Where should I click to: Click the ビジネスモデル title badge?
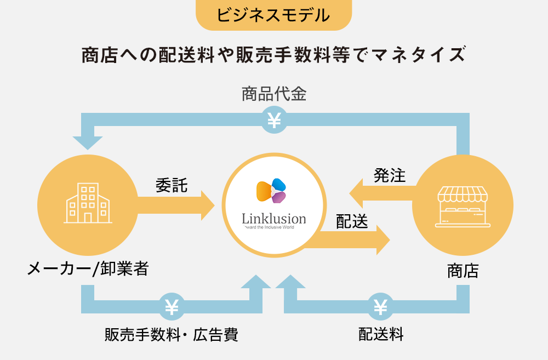coord(273,15)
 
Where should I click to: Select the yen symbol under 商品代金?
coord(273,119)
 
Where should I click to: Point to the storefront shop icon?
coord(461,207)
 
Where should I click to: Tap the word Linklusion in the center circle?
coord(274,219)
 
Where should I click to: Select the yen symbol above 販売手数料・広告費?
coord(172,307)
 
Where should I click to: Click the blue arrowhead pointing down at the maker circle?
coord(88,142)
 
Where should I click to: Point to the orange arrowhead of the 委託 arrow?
coord(208,205)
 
